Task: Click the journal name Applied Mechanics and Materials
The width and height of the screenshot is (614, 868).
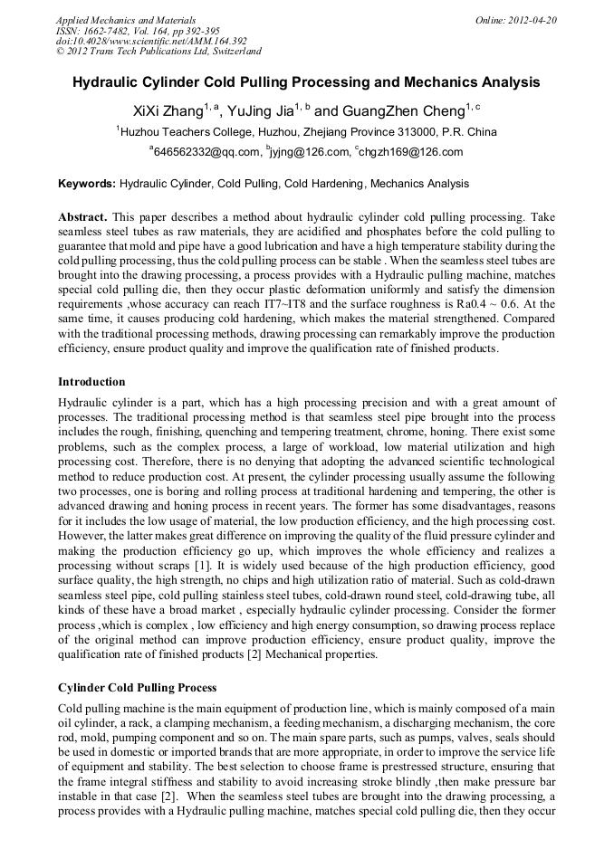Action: (x=126, y=19)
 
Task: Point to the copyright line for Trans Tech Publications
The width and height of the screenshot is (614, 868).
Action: (x=158, y=52)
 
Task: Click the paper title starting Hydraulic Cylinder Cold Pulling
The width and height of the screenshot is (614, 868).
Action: (x=306, y=82)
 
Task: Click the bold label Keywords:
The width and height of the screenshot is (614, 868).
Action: (x=87, y=184)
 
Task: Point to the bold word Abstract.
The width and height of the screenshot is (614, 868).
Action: (x=82, y=218)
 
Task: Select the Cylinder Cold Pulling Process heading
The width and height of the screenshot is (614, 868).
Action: (x=137, y=688)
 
